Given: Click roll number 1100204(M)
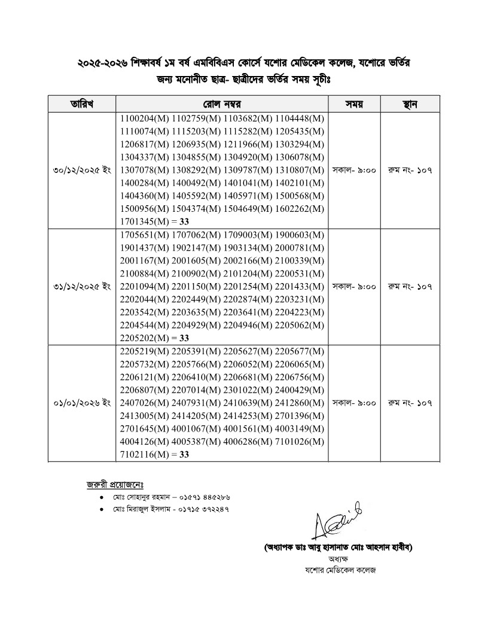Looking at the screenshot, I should click(x=144, y=118).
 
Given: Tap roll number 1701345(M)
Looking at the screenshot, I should click(x=144, y=222).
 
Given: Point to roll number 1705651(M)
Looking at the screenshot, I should click(x=144, y=234).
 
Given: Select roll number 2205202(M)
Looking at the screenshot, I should click(x=144, y=338).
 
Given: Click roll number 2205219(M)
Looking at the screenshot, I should click(x=144, y=351).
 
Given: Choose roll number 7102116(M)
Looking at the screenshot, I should click(x=144, y=455).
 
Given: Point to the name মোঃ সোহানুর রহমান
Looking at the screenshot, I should click(x=143, y=497).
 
